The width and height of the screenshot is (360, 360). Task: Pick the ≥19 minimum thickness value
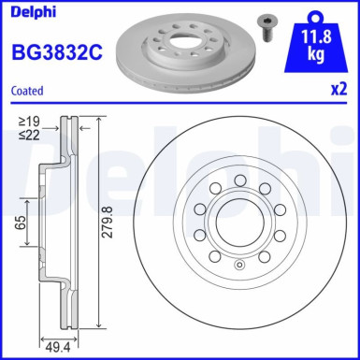tap(31, 121)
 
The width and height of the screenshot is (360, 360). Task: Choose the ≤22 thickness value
tap(31, 133)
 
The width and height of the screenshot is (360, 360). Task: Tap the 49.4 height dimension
tap(58, 347)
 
